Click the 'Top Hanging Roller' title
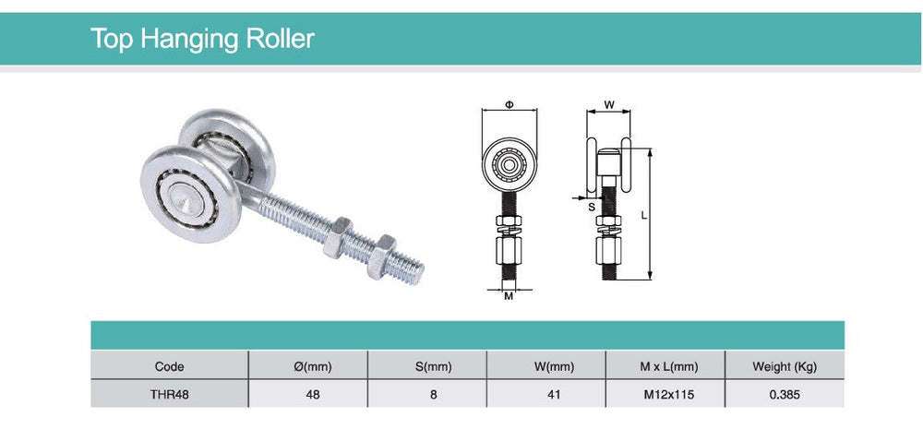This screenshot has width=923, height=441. pos(202,39)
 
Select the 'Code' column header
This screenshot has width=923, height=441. pos(169,366)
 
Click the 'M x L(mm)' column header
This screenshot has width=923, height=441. pos(668,366)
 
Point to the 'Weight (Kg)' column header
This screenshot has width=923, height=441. pos(785,366)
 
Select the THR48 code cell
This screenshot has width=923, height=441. pos(169,394)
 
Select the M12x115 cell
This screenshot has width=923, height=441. pos(668,394)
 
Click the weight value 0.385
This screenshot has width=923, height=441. pos(785,394)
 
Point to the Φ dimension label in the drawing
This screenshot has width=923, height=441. pos(509,104)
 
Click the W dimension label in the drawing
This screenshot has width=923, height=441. pos(609,104)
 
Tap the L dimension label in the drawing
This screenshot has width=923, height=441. pos(643,214)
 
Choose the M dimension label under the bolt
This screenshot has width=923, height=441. pos(509,296)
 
